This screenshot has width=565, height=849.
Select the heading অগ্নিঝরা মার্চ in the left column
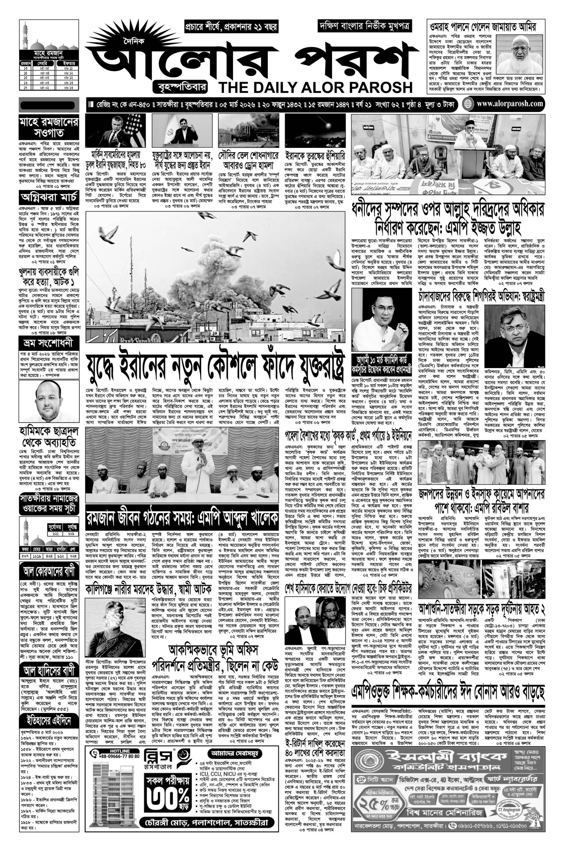click(x=49, y=198)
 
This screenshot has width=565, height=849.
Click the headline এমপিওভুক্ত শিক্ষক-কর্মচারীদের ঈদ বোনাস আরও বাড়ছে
click(x=448, y=691)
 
